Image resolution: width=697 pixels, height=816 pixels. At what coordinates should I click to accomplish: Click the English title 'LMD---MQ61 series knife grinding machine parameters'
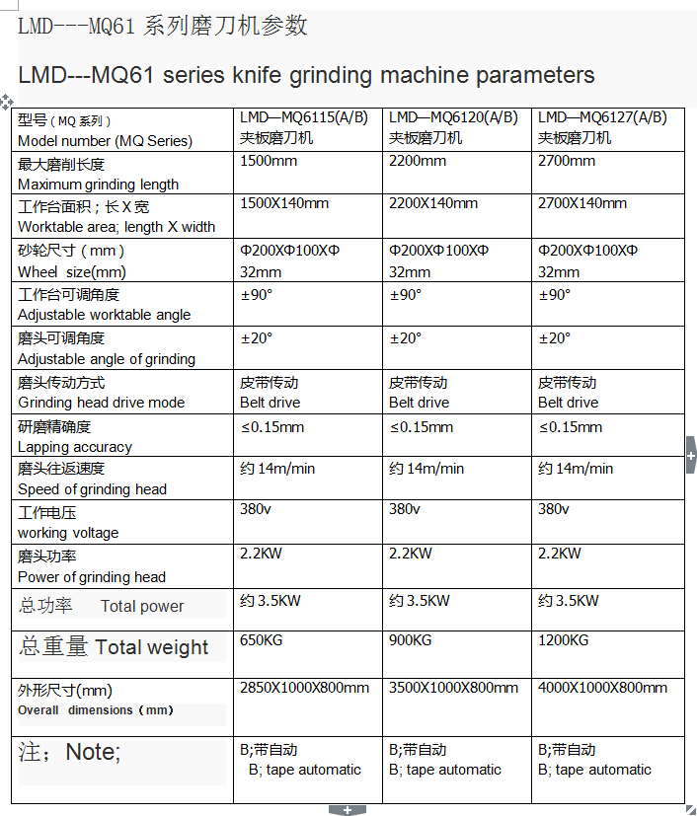point(306,75)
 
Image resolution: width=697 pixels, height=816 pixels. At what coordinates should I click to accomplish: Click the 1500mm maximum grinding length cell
point(270,162)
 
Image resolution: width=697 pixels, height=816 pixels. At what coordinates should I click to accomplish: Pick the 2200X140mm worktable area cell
point(433,204)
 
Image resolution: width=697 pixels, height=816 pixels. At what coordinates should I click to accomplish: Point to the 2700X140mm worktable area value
point(582,204)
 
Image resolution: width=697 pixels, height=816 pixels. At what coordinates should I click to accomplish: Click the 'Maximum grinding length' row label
point(98,184)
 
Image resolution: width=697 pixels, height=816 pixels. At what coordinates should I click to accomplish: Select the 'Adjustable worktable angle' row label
point(105,315)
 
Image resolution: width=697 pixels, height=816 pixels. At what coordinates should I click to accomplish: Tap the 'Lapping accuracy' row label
point(75,447)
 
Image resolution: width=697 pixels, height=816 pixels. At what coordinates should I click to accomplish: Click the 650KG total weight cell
point(262,641)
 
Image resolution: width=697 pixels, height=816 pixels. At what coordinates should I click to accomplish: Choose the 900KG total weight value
point(411,641)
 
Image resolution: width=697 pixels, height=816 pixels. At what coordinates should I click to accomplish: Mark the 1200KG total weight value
point(564,641)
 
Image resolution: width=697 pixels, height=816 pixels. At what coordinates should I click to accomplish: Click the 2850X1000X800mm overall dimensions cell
point(305,688)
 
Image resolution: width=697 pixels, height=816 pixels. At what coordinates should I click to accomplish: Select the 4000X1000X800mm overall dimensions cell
point(602,688)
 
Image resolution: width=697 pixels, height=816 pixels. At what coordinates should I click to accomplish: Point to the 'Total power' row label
point(141,607)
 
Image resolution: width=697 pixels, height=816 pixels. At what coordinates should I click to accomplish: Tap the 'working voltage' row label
point(68,533)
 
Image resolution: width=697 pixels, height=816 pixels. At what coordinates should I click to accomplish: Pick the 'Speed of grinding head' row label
point(92,489)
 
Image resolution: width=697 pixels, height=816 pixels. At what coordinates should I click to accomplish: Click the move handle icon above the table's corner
point(7,101)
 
